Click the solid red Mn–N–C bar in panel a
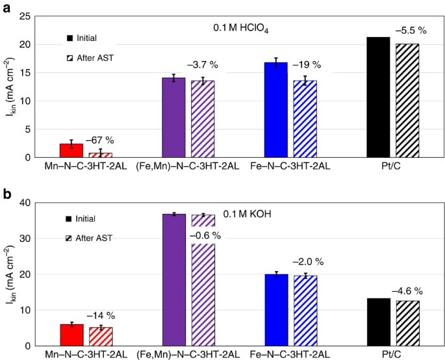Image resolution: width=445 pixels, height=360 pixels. click(x=71, y=150)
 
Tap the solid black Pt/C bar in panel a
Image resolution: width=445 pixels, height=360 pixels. click(x=378, y=97)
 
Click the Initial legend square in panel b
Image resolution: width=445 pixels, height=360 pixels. click(x=69, y=219)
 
